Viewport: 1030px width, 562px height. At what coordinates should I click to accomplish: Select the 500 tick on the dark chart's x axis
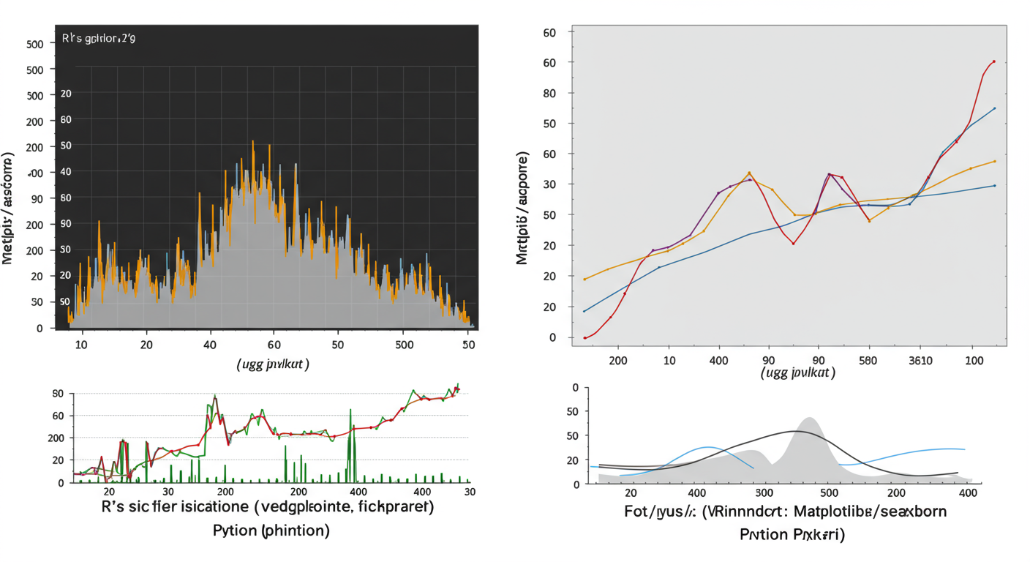pos(404,344)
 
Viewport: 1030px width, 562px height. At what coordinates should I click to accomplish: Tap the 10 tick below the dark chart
pos(80,344)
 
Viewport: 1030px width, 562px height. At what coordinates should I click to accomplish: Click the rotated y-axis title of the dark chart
pos(9,209)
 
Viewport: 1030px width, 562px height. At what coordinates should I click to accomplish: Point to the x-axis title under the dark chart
pos(272,364)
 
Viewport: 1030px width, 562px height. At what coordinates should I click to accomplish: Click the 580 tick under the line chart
pos(868,360)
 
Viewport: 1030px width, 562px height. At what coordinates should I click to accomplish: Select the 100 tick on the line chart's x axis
pos(974,360)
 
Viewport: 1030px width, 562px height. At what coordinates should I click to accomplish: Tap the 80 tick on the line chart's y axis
pos(550,93)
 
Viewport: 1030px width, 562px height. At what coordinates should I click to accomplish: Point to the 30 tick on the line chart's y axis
pos(550,184)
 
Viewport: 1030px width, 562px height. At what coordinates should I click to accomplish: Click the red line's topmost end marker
pos(993,61)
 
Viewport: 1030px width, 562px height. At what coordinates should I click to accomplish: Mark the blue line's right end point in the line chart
pos(994,108)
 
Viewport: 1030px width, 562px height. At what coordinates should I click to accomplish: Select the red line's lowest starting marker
pos(585,337)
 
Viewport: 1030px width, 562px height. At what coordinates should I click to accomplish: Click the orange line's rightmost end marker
pos(994,161)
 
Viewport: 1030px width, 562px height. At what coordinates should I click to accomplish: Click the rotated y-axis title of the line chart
pos(522,209)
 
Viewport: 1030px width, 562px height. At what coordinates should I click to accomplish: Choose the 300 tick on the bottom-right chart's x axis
pos(764,494)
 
